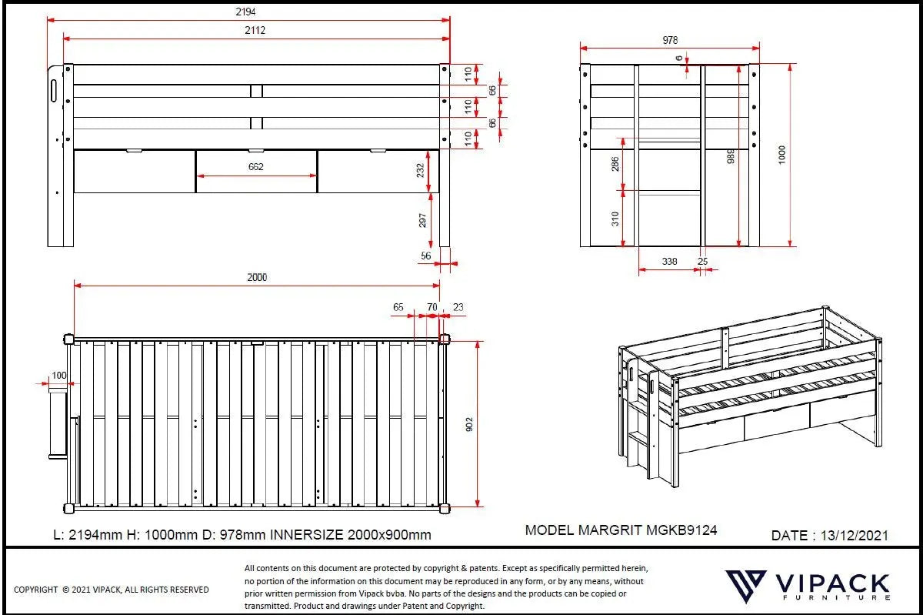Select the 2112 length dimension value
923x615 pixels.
point(256,30)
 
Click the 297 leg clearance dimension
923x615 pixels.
point(421,220)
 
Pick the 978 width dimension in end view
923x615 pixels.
point(669,40)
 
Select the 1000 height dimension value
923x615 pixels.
point(782,155)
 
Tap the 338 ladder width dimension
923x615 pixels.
point(669,262)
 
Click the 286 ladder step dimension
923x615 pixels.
point(615,164)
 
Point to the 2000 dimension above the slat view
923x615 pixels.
point(257,277)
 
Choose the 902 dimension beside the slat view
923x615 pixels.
point(468,423)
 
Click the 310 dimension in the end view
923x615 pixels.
point(615,219)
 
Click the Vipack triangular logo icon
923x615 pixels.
point(745,587)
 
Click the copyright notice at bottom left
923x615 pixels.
point(112,590)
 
